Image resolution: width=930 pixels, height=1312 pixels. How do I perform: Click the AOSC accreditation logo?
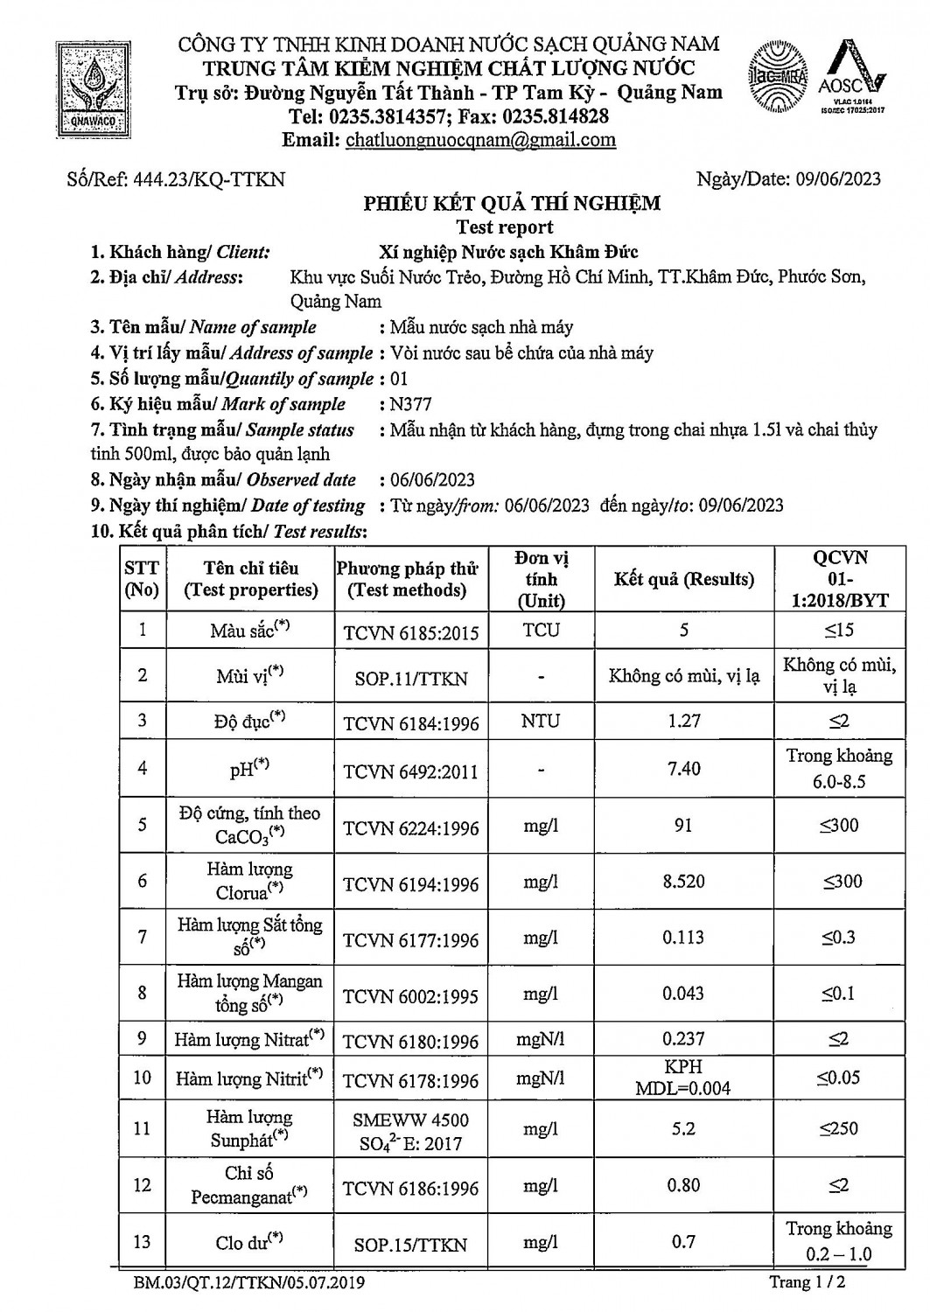pos(851,79)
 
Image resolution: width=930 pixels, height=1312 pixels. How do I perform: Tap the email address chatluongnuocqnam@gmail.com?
pos(480,140)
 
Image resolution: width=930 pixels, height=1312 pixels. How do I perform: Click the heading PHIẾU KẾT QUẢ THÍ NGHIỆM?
pos(512,204)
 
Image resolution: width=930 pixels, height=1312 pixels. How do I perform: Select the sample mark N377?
pos(411,404)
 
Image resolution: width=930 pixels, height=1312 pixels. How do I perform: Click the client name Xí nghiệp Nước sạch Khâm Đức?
pos(508,252)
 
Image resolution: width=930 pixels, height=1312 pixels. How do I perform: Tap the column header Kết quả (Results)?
pos(683,579)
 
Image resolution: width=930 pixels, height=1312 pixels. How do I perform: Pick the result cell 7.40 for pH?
pos(683,768)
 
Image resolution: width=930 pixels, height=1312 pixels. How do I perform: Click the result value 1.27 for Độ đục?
pos(683,721)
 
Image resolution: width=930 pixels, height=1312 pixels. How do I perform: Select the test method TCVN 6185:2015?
pos(410,632)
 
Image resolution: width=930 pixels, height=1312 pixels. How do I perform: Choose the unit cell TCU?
pos(541,630)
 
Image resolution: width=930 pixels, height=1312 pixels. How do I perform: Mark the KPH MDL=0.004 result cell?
pos(683,1078)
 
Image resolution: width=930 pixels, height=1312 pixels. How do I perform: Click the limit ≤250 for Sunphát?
pos(839,1128)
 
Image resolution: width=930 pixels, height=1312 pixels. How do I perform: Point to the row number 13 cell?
pos(143,1242)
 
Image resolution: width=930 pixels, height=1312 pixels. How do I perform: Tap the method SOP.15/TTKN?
pos(410,1244)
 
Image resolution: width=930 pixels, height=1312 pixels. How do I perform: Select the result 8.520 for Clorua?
pos(683,882)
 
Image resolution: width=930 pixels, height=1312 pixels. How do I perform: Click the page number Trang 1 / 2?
pos(807,1283)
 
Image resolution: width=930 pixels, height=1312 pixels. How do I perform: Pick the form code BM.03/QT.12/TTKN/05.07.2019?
pos(249,1283)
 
